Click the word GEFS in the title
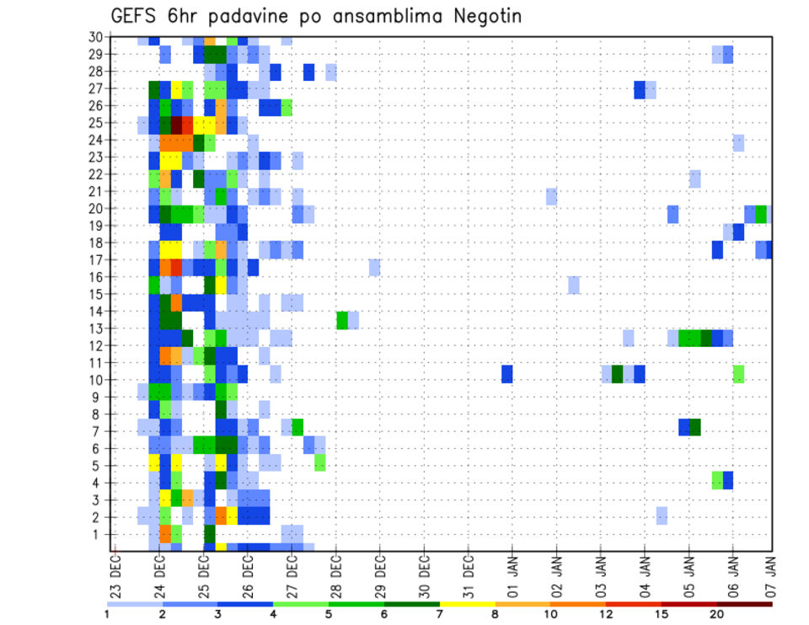coord(135,16)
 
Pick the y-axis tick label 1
coord(99,534)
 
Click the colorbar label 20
coord(717,614)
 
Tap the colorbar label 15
coord(662,614)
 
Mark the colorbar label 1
coord(107,614)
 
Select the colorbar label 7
coord(440,614)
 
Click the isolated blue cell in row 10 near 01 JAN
coord(507,374)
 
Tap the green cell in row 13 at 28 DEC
coord(342,320)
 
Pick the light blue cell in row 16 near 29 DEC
coord(375,268)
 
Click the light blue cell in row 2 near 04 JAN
coord(662,515)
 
